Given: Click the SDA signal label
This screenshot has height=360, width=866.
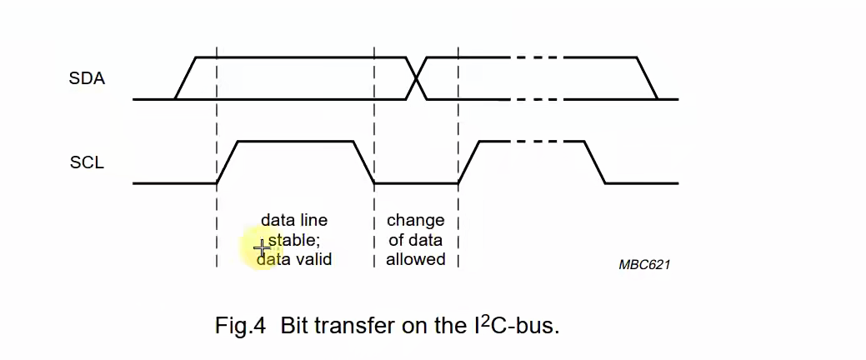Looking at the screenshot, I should click(x=87, y=79).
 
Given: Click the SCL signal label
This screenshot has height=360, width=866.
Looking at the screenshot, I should click(x=87, y=162).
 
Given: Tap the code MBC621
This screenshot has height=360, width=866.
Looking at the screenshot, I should click(x=644, y=264).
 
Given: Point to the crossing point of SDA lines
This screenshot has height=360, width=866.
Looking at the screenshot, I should click(x=417, y=78).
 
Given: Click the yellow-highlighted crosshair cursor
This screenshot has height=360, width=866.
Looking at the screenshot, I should click(x=262, y=247).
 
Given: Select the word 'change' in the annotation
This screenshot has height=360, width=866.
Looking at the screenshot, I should click(x=415, y=221).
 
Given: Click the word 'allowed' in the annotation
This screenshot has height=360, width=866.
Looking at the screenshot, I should click(x=415, y=259).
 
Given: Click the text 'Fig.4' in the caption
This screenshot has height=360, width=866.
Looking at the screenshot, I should click(x=240, y=325).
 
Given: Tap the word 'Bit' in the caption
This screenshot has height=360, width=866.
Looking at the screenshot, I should click(x=294, y=325).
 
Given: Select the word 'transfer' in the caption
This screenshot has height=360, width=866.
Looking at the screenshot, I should click(x=354, y=325).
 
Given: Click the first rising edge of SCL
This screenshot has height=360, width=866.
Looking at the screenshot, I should click(x=228, y=162).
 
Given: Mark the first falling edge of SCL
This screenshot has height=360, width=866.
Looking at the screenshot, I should click(x=364, y=162).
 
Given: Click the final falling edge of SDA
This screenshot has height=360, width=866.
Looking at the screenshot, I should click(x=648, y=78).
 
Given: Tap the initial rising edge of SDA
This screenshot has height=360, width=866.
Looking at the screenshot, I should click(x=185, y=78).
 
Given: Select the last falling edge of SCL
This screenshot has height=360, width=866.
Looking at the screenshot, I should click(x=594, y=162).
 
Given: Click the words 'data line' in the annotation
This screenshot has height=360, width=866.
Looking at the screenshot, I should click(x=294, y=221).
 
